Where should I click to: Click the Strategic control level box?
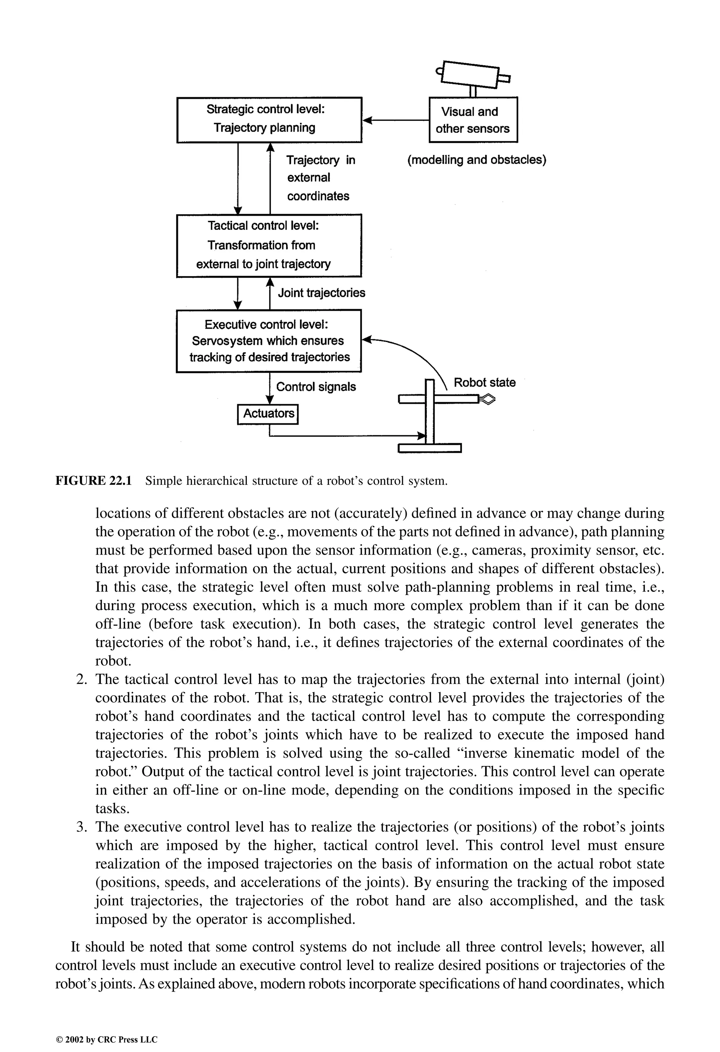(269, 120)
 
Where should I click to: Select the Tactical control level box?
(269, 245)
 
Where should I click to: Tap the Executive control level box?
(269, 341)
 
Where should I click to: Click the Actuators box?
(268, 413)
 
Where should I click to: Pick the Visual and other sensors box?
(473, 120)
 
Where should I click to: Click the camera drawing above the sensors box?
(471, 74)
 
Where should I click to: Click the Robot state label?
(484, 382)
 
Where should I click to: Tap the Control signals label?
(316, 387)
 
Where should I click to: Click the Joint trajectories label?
(322, 293)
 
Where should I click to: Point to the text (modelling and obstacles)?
(476, 160)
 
